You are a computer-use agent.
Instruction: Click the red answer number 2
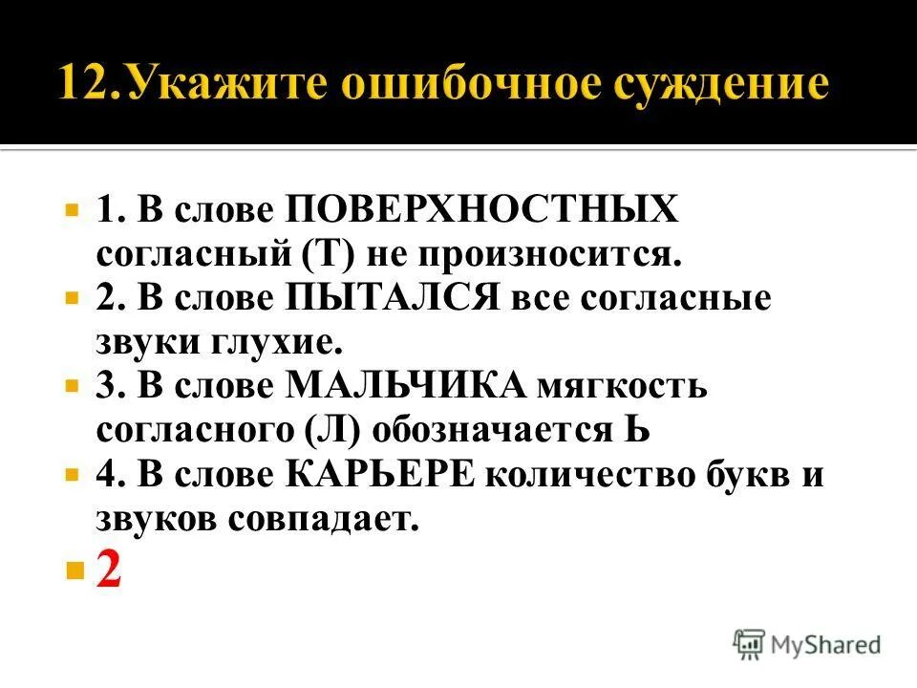coord(108,571)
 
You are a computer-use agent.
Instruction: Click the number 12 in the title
coord(87,84)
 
